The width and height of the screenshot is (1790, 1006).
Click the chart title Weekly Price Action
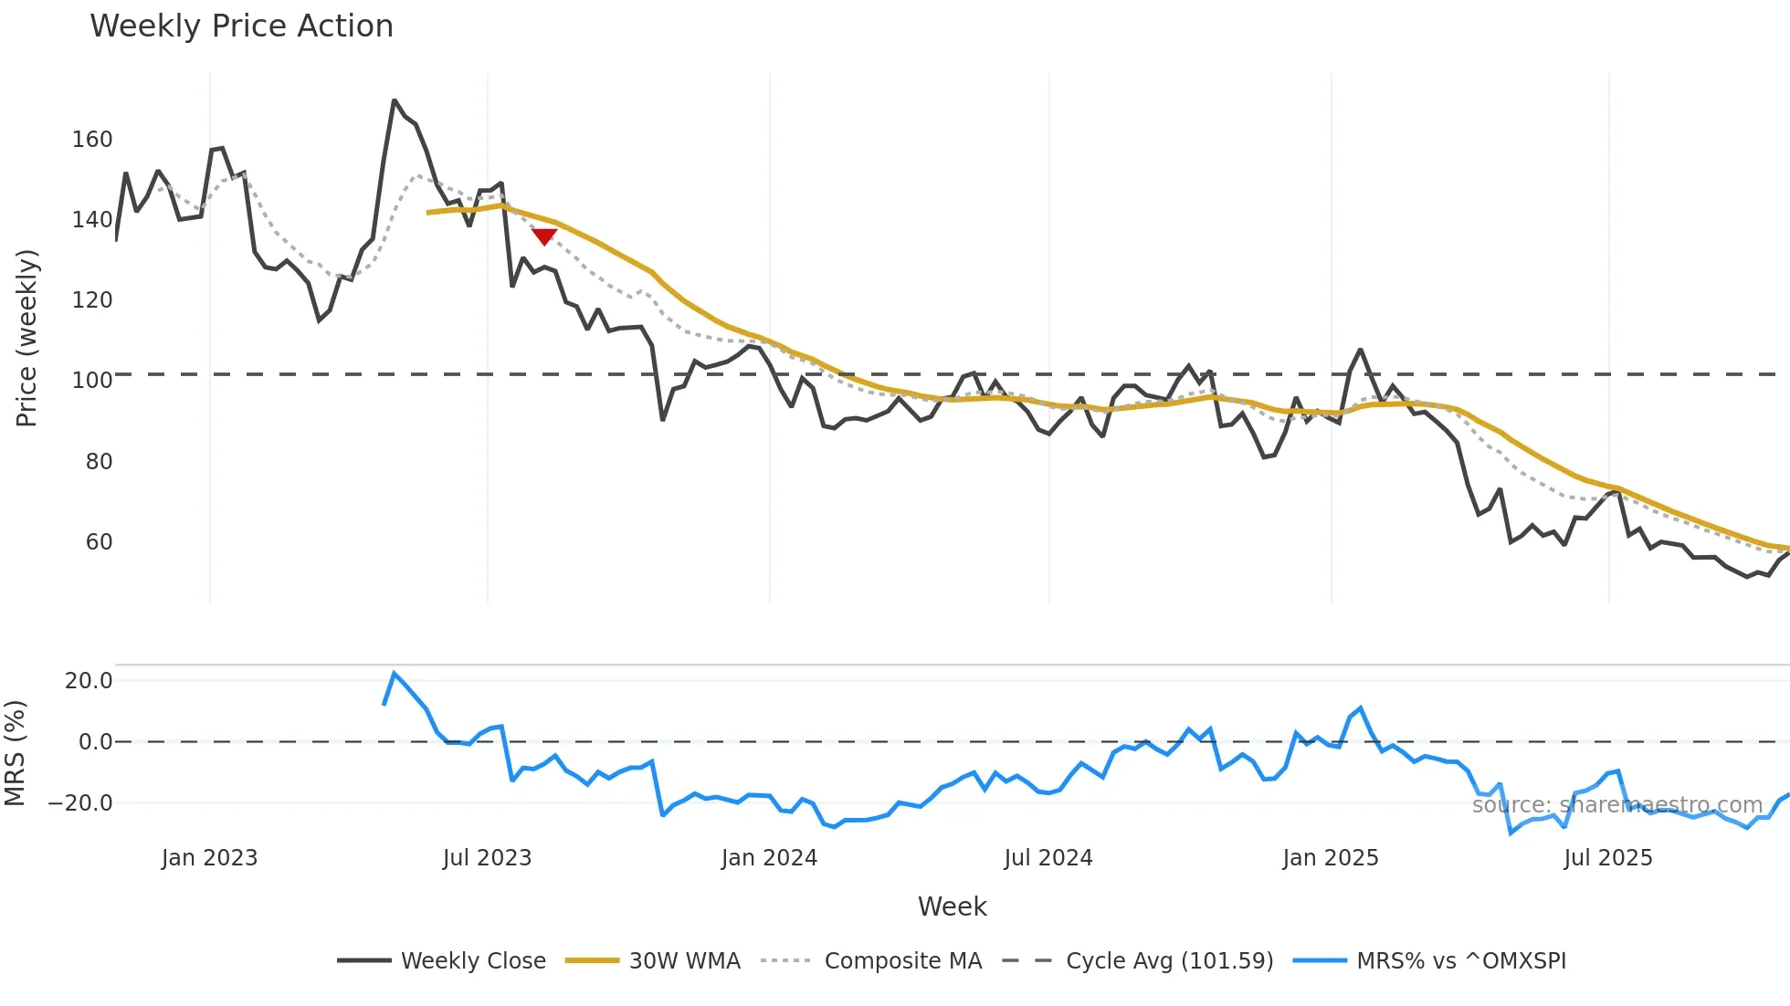241,26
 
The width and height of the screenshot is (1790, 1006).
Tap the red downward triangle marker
544,236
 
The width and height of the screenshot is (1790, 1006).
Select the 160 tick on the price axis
92,140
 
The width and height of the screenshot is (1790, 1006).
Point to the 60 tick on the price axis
99,542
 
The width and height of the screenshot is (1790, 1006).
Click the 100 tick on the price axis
92,381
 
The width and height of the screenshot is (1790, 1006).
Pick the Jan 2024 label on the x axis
769,858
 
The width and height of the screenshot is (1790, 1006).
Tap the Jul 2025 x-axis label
1607,858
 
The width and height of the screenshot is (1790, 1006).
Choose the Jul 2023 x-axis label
487,858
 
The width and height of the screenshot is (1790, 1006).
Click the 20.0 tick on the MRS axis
89,681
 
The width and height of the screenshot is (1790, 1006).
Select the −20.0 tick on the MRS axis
80,803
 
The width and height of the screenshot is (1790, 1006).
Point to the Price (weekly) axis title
26,338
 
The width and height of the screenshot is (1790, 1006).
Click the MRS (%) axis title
15,753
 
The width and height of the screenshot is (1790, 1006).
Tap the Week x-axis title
952,906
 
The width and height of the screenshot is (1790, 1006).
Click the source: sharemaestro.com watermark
1616,805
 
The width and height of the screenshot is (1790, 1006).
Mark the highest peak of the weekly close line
394,100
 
